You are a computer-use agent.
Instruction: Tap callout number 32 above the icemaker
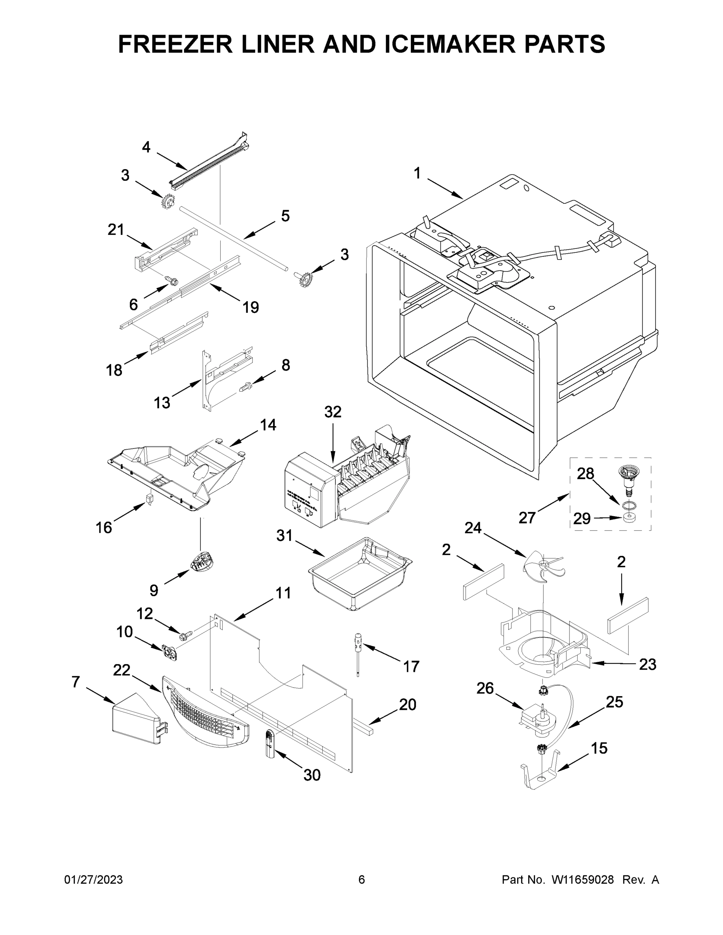pyautogui.click(x=333, y=412)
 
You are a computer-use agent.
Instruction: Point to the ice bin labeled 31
pyautogui.click(x=360, y=574)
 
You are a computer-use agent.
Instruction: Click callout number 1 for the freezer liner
pyautogui.click(x=417, y=173)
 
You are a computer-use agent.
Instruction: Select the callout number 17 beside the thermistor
pyautogui.click(x=411, y=666)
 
